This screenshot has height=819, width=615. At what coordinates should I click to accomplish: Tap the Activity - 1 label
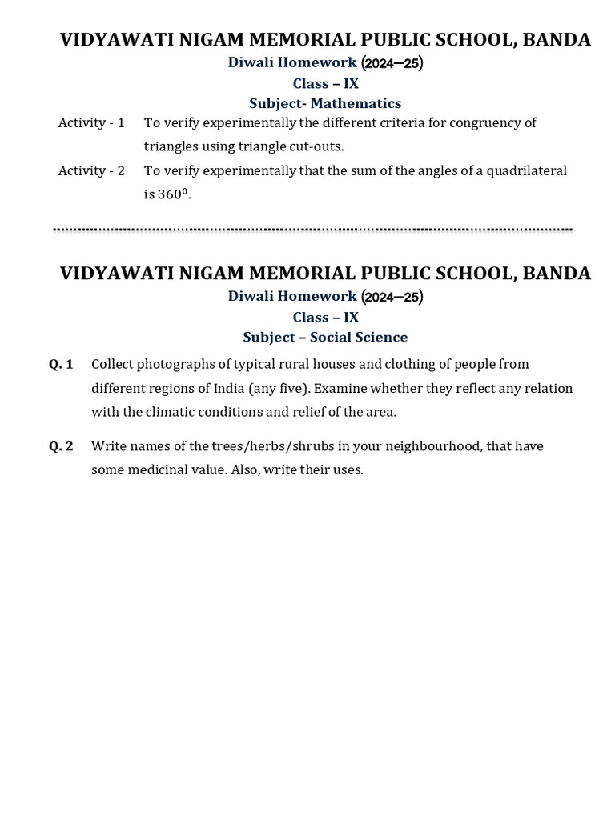pos(91,123)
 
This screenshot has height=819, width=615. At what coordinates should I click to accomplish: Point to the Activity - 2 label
pos(91,171)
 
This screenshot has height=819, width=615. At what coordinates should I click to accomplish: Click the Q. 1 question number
pos(61,365)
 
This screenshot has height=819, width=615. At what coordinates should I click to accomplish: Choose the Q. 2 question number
pos(61,446)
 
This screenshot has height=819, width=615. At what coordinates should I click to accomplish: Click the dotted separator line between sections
pos(312,230)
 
